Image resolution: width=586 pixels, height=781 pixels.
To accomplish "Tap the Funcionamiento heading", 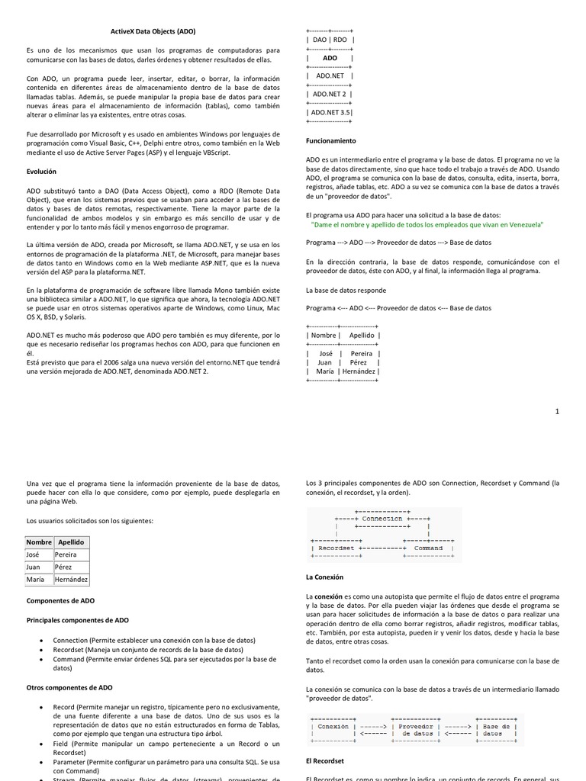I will click(330, 141).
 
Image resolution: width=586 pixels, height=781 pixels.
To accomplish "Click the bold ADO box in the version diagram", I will click(330, 58).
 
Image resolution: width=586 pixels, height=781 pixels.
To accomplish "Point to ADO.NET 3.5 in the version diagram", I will click(330, 111).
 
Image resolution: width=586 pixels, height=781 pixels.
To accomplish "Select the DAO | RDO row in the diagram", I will click(330, 40).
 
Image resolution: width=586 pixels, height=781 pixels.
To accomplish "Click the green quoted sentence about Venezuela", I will click(427, 225).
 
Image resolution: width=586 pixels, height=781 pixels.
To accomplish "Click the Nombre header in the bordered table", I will click(39, 542).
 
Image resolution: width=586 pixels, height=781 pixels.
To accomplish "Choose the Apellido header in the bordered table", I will click(71, 542).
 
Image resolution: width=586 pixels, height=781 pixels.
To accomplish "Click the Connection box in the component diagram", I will click(382, 519).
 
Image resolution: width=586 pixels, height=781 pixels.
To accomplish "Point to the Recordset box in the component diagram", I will click(336, 548).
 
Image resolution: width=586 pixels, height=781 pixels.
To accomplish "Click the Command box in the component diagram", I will click(428, 548).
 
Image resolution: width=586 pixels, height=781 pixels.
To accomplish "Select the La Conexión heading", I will click(324, 577).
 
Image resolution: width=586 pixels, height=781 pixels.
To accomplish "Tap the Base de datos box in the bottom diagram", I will click(501, 731).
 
